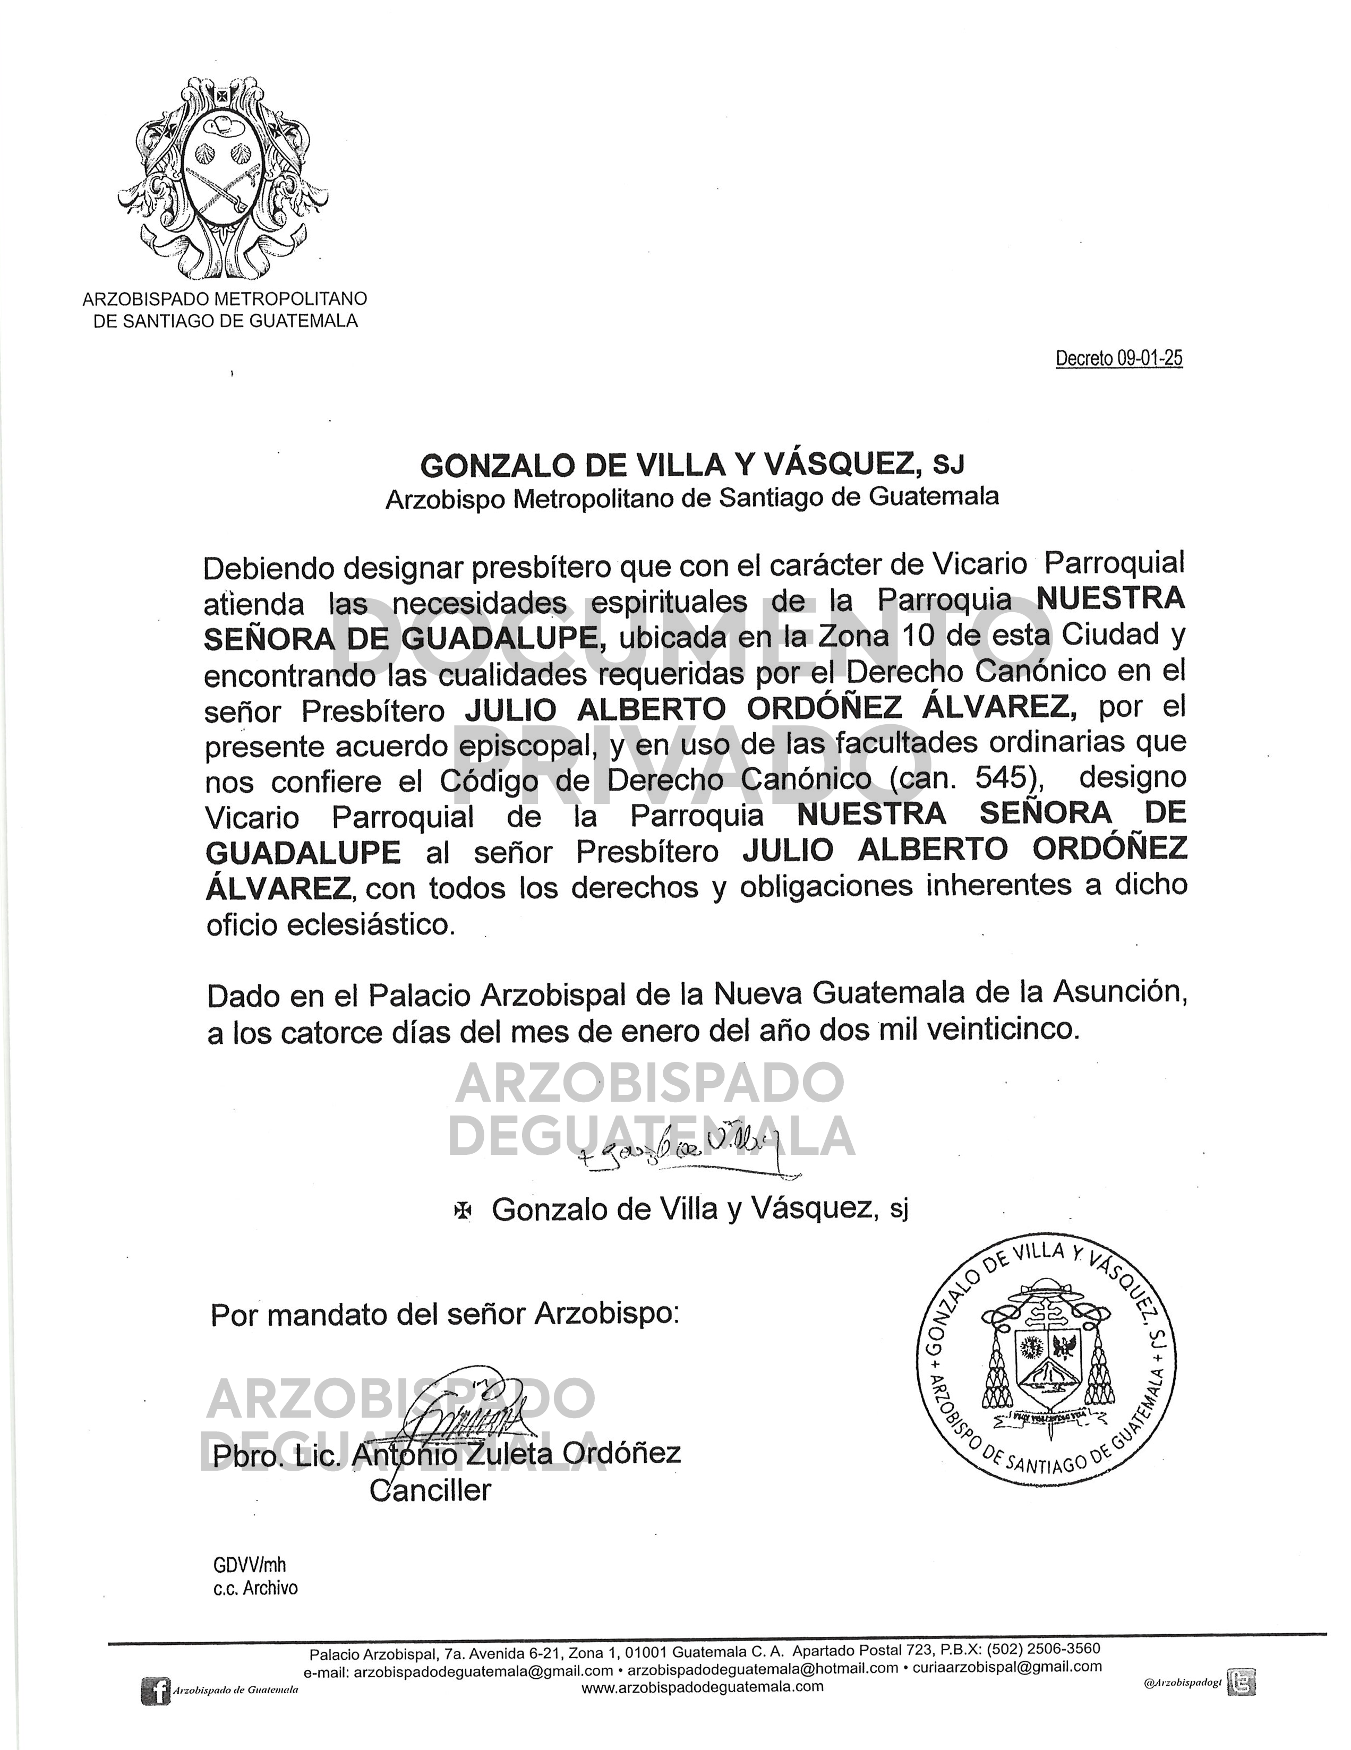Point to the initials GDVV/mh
pyautogui.click(x=249, y=1565)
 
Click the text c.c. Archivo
pyautogui.click(x=255, y=1588)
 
